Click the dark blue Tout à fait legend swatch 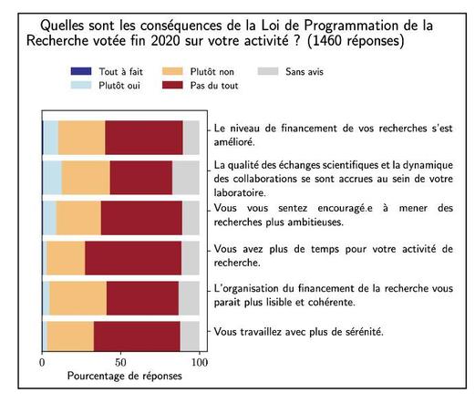click(81, 71)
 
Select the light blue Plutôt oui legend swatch click(81, 85)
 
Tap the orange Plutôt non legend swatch click(172, 71)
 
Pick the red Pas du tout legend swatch click(172, 85)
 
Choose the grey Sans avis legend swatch click(268, 71)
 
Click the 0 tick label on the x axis click(42, 362)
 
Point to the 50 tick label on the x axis click(120, 362)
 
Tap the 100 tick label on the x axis click(200, 362)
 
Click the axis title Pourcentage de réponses click(125, 376)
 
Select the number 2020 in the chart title click(166, 41)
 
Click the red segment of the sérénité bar click(137, 336)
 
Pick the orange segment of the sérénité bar click(70, 336)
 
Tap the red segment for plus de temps click(133, 258)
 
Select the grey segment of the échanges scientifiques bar click(186, 178)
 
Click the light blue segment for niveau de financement click(51, 138)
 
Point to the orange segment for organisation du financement click(78, 298)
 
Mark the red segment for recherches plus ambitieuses click(141, 218)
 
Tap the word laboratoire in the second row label click(240, 192)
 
